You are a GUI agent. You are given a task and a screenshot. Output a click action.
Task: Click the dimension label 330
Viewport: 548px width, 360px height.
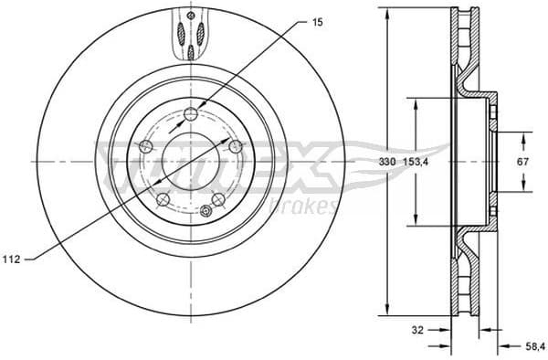coord(386,162)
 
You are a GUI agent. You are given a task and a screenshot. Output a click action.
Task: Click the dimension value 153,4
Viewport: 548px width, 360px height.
coord(417,162)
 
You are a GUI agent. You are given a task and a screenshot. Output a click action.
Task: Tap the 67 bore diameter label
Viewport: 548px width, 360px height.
coord(523,162)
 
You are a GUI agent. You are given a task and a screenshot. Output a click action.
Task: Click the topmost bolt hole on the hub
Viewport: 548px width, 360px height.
coord(190,113)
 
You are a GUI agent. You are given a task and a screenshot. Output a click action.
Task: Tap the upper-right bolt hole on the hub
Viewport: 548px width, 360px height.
coord(235,146)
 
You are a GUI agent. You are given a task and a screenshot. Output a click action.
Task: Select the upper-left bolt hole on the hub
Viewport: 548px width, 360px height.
coord(144,146)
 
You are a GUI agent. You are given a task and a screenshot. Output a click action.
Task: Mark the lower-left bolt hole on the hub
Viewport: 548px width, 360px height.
coord(162,199)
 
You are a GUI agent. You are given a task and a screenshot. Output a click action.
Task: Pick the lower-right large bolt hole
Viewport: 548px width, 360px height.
coord(217,199)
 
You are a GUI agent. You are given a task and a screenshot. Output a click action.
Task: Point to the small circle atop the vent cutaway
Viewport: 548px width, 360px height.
coord(190,16)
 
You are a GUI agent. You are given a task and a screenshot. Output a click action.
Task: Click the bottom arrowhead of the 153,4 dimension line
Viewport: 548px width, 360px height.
coord(417,224)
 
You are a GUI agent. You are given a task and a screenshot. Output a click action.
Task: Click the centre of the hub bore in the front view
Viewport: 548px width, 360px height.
coord(190,162)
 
